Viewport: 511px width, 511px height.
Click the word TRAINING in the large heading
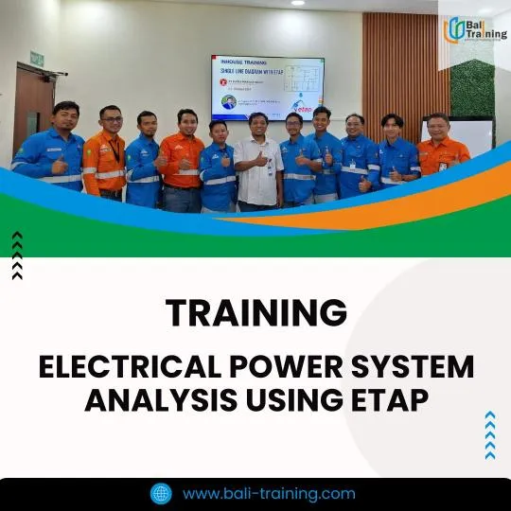click(x=255, y=312)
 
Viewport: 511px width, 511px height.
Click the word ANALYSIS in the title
click(x=157, y=401)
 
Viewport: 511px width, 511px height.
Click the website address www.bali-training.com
click(x=269, y=493)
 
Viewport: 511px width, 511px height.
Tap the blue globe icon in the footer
click(x=161, y=493)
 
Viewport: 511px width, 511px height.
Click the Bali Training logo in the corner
click(x=475, y=30)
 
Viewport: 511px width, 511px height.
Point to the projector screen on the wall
click(x=267, y=87)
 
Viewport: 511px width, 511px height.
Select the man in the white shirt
click(x=259, y=161)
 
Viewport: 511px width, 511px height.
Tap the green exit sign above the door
click(x=37, y=58)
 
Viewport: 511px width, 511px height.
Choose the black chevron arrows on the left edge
click(x=17, y=255)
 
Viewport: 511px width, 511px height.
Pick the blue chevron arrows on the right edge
click(x=489, y=434)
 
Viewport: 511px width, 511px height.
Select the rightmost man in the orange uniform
click(x=440, y=147)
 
